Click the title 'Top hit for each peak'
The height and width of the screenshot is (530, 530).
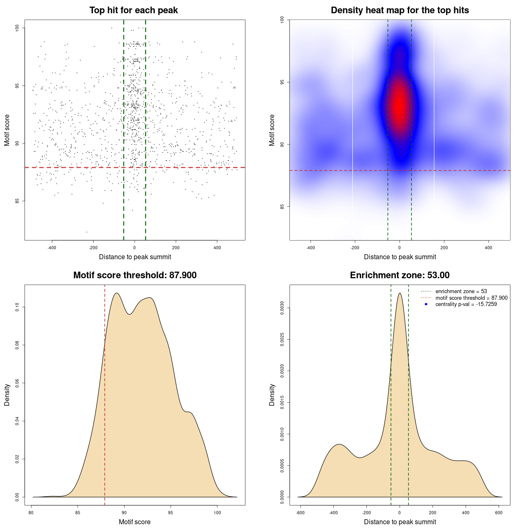pos(133,10)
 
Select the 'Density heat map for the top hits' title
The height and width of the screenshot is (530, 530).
pos(400,10)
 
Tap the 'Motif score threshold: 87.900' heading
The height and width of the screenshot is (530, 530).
pos(135,275)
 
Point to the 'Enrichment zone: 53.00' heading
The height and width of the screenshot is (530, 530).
pos(400,275)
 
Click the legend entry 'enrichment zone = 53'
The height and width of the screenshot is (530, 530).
pos(461,291)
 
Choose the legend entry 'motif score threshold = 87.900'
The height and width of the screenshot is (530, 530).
pos(471,298)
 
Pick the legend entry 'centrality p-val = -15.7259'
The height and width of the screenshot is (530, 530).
pos(466,304)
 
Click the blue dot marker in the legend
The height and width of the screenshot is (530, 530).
pos(426,304)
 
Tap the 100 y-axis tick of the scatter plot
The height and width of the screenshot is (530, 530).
pos(17,28)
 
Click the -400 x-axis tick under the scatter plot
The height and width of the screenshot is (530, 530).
pos(52,248)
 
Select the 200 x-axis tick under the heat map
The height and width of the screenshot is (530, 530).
pos(444,248)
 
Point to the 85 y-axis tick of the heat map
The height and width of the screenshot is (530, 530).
pos(282,207)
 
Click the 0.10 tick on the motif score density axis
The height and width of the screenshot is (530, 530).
pos(17,307)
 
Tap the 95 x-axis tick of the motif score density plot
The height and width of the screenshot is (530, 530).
pos(171,513)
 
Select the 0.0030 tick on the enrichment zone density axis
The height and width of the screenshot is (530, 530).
pos(282,308)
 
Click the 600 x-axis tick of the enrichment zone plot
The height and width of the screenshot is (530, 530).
pos(499,513)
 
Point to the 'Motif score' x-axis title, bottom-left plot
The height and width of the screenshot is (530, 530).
pos(135,522)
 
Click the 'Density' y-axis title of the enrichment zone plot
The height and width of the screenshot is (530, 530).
pos(272,395)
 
